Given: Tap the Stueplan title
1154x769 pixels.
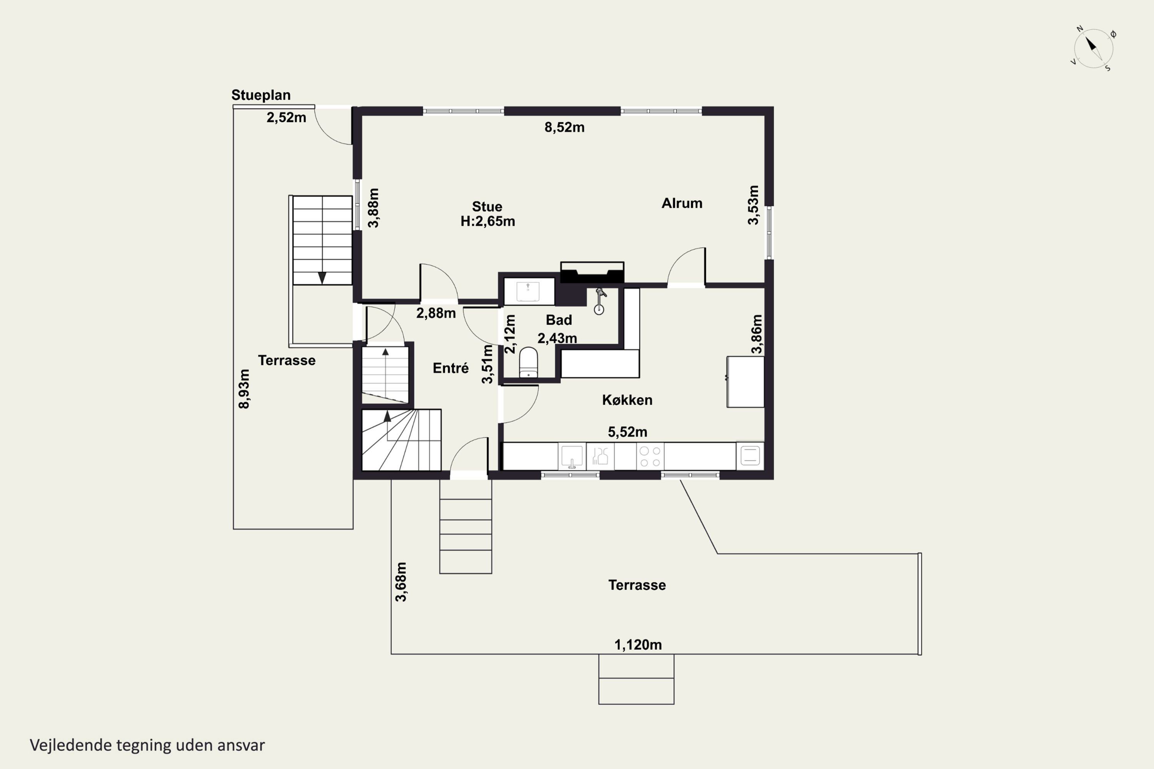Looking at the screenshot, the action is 261,95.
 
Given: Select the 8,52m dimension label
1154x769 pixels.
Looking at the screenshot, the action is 564,128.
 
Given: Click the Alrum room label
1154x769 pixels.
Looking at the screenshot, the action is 682,203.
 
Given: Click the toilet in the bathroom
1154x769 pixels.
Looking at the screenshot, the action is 529,363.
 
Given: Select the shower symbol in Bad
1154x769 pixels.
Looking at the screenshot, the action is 600,301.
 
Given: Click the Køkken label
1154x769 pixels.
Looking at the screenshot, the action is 627,400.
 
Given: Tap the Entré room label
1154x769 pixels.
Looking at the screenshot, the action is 450,368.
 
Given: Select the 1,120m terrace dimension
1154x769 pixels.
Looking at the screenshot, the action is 638,645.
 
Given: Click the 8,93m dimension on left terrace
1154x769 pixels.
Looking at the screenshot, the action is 244,389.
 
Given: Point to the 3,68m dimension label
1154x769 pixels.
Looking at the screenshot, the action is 401,582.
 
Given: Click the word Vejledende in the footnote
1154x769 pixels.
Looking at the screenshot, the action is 71,746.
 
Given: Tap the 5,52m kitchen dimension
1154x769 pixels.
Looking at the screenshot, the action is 627,432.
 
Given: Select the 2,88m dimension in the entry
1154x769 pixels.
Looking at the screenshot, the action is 436,313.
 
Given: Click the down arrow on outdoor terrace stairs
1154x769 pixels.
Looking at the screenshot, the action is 322,278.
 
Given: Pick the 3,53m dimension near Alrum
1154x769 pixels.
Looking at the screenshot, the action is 753,205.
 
